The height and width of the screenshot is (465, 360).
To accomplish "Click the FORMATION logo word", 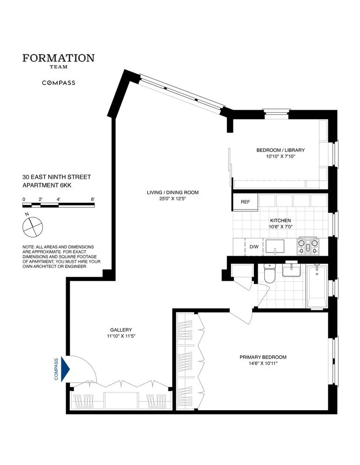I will [x=59, y=58].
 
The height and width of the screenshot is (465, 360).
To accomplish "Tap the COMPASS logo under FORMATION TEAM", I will [x=59, y=83].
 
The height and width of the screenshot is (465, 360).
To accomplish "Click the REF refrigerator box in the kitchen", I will [x=245, y=202].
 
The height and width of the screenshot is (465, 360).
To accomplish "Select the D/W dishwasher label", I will [x=254, y=247].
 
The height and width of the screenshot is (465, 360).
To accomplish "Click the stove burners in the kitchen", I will [x=307, y=246].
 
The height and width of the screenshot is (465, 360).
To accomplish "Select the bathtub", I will [x=317, y=286].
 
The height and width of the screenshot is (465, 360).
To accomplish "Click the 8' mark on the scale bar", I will [x=93, y=199].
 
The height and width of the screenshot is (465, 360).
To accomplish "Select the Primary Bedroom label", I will [x=263, y=357].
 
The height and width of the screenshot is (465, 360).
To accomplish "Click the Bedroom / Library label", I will [x=280, y=150].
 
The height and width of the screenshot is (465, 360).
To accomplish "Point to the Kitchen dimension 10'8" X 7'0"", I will [x=280, y=227].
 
